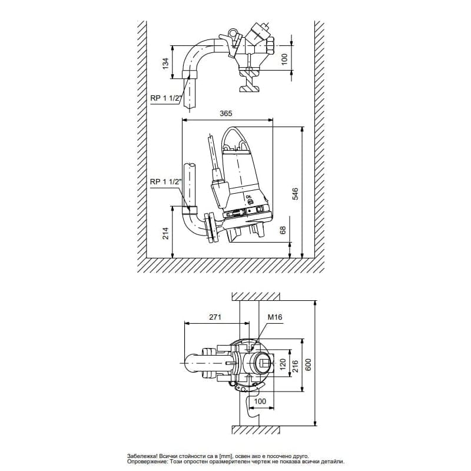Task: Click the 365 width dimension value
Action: (226, 114)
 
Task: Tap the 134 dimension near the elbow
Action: (165, 62)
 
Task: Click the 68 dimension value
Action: (283, 230)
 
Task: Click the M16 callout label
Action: (275, 317)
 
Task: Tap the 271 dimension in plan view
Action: (214, 317)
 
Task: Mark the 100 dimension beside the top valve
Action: (284, 59)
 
